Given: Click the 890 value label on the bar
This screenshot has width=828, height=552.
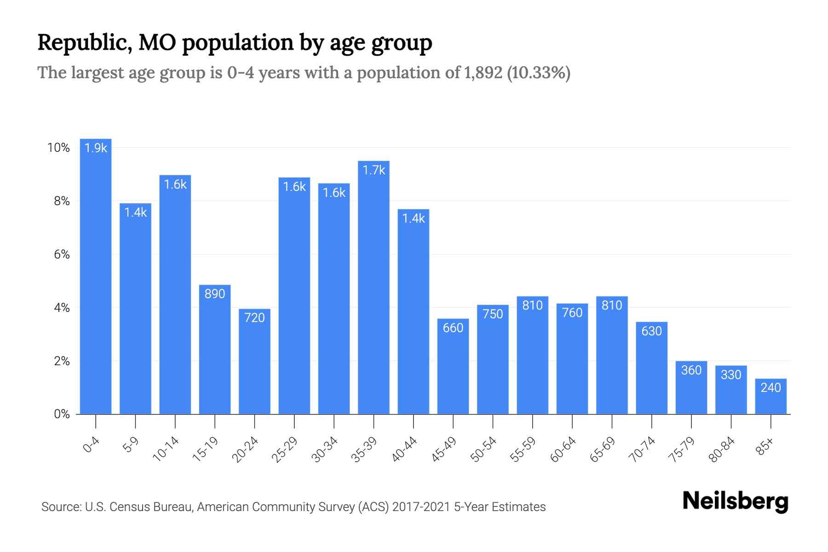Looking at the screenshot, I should pos(214,293).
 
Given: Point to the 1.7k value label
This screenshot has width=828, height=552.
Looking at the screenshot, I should pos(374,170).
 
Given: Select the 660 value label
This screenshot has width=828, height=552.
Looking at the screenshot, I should pos(453,328).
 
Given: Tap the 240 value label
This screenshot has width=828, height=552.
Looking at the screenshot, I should pos(770,388).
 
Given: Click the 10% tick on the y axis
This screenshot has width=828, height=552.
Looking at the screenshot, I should pos(58,148).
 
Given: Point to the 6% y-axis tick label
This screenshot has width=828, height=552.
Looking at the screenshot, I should pos(62,254).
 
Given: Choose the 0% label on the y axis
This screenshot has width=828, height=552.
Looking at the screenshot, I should pos(62,414).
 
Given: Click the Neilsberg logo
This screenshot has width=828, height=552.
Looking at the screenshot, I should pos(735,501).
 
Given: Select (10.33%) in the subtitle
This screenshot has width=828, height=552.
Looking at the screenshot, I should pos(538,73).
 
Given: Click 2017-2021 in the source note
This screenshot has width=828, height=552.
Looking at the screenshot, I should pos(421,507).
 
